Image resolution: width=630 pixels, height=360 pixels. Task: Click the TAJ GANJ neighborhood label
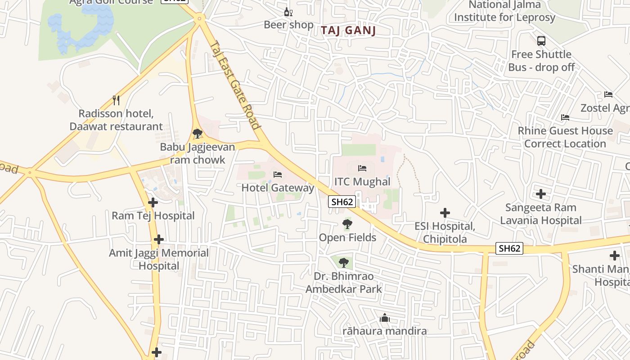pyautogui.click(x=348, y=31)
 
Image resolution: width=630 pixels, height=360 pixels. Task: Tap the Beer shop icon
pyautogui.click(x=288, y=12)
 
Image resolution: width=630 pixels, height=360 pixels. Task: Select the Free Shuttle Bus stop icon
pyautogui.click(x=541, y=41)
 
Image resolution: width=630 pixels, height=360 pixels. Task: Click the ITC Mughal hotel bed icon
pyautogui.click(x=362, y=168)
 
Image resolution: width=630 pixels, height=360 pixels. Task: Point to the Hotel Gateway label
pyautogui.click(x=278, y=188)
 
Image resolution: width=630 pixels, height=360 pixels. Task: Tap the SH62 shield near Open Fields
pyautogui.click(x=342, y=202)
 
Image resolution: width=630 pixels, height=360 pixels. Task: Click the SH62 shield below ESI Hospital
pyautogui.click(x=509, y=248)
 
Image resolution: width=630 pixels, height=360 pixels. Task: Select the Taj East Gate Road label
pyautogui.click(x=235, y=85)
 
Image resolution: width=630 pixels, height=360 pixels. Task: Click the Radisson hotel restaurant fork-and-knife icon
pyautogui.click(x=116, y=100)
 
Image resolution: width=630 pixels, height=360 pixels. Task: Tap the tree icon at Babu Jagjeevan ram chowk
pyautogui.click(x=197, y=134)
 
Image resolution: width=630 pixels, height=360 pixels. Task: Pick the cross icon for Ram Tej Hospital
pyautogui.click(x=153, y=202)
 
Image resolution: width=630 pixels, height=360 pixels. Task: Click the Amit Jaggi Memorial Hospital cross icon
pyautogui.click(x=158, y=239)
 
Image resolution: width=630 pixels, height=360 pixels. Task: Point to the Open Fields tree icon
pyautogui.click(x=347, y=224)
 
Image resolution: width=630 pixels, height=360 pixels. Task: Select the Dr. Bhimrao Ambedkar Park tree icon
pyautogui.click(x=344, y=262)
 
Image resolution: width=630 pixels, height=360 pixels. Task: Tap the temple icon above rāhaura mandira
pyautogui.click(x=384, y=318)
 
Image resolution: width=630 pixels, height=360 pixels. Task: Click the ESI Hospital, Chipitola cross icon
pyautogui.click(x=445, y=213)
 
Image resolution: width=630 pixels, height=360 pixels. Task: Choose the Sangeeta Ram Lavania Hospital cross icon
pyautogui.click(x=541, y=194)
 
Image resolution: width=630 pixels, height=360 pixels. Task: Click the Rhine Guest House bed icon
pyautogui.click(x=565, y=117)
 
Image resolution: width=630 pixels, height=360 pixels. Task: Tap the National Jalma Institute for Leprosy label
pyautogui.click(x=504, y=11)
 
